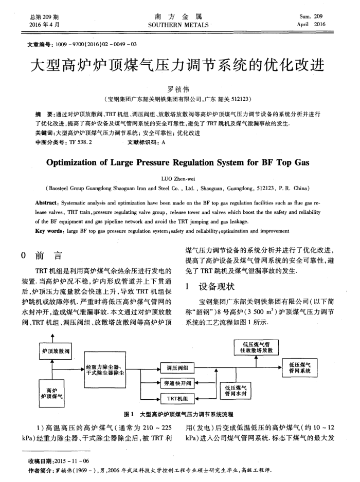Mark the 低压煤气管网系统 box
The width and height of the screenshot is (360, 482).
(299, 367)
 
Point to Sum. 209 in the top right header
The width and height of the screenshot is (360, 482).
(314, 16)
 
